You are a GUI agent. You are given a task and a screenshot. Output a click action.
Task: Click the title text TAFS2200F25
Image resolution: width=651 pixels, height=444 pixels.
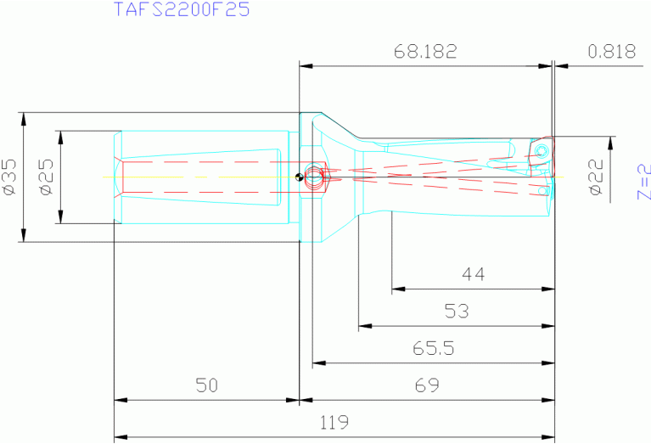(181, 11)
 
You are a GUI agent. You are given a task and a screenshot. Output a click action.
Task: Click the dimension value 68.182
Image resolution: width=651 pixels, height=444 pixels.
(425, 52)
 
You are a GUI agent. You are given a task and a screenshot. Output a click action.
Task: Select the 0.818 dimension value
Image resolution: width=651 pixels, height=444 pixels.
(611, 52)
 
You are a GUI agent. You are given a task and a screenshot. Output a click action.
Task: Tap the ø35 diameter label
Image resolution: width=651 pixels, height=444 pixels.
(10, 177)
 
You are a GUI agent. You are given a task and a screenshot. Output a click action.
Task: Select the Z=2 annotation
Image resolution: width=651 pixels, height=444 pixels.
(643, 181)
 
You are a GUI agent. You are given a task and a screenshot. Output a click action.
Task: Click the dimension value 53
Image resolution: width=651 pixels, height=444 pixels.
(457, 312)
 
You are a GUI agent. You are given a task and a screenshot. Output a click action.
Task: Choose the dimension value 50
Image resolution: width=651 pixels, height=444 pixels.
(206, 385)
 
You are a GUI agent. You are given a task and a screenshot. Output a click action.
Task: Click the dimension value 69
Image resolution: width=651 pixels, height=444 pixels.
(428, 385)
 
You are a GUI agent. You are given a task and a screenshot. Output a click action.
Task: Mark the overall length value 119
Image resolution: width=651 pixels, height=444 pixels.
(334, 422)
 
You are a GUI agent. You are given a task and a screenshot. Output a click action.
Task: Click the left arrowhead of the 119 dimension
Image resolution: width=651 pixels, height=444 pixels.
(120, 436)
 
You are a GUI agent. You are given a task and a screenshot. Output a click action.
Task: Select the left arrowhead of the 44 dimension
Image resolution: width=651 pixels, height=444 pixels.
(397, 289)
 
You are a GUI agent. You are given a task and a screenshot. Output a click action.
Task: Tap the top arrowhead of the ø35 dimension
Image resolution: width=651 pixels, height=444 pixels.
(24, 117)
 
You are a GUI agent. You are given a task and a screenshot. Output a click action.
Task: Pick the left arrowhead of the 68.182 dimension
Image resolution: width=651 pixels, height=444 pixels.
(305, 65)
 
